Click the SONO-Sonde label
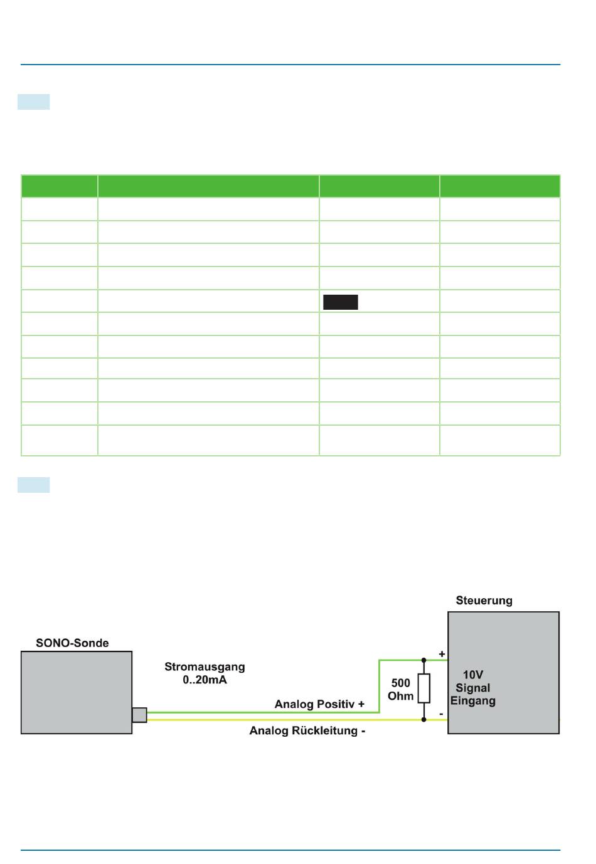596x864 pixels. pyautogui.click(x=72, y=643)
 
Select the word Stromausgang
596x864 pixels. pyautogui.click(x=205, y=667)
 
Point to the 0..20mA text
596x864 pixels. pyautogui.click(x=205, y=680)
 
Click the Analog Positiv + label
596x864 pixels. pyautogui.click(x=319, y=704)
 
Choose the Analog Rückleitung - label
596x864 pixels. pyautogui.click(x=307, y=730)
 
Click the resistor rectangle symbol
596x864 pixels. pyautogui.click(x=424, y=688)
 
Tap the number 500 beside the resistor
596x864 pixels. pyautogui.click(x=400, y=683)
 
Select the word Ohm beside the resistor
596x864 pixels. pyautogui.click(x=400, y=696)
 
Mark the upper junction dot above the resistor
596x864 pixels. pyautogui.click(x=423, y=660)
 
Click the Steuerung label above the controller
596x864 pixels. pyautogui.click(x=484, y=601)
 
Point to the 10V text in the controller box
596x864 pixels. pyautogui.click(x=473, y=675)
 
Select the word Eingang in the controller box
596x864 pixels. pyautogui.click(x=473, y=701)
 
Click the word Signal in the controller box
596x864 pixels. pyautogui.click(x=473, y=688)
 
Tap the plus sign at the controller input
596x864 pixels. pyautogui.click(x=442, y=654)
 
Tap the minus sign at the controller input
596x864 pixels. pyautogui.click(x=441, y=714)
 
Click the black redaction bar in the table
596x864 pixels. pyautogui.click(x=341, y=302)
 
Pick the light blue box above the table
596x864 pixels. pyautogui.click(x=34, y=102)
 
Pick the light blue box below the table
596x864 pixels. pyautogui.click(x=34, y=485)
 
